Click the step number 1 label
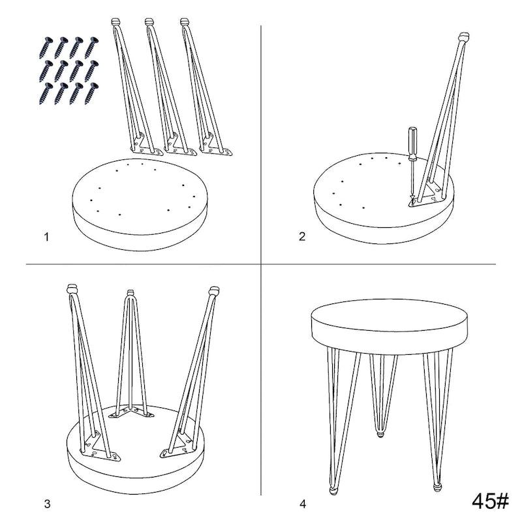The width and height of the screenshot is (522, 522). [46, 237]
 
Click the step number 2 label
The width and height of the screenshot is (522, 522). [302, 236]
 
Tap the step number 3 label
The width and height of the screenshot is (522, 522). [47, 504]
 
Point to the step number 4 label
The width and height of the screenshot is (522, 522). [303, 504]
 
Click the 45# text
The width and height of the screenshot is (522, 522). [491, 500]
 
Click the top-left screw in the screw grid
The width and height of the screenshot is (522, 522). [46, 47]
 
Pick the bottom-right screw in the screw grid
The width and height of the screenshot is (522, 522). [91, 93]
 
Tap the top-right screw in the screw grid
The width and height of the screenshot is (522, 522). [91, 47]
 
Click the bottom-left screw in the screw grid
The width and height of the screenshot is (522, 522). [46, 93]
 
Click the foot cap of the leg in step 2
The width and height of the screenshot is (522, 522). [464, 37]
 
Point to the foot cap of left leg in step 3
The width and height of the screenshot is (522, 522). [72, 288]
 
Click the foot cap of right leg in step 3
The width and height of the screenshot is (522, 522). [214, 290]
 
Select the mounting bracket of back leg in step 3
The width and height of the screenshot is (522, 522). [132, 412]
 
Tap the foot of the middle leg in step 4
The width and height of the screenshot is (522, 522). [380, 434]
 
